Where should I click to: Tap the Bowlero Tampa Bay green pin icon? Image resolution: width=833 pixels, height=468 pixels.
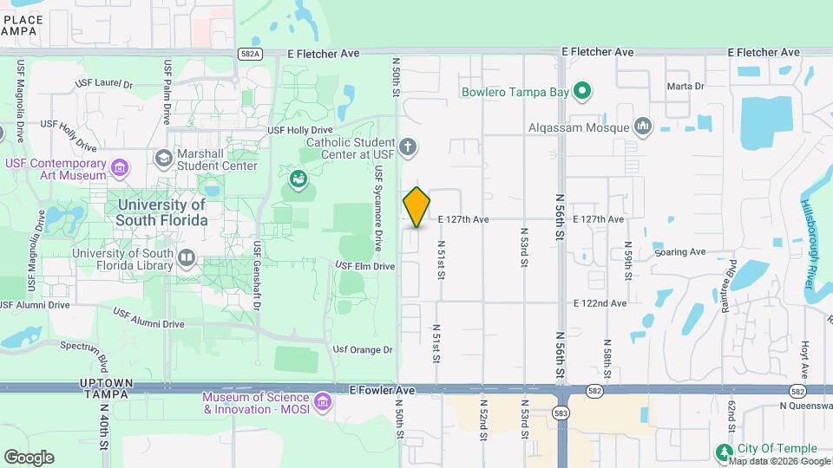tap(583, 90)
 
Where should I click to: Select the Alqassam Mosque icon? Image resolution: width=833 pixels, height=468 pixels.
tap(643, 127)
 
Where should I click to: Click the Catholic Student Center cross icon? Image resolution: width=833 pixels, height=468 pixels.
tap(407, 146)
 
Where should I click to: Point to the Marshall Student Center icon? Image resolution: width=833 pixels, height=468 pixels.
tap(163, 159)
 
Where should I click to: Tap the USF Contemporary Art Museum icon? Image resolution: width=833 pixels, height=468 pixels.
tap(120, 167)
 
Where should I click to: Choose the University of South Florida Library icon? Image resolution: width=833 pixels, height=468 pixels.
tap(187, 258)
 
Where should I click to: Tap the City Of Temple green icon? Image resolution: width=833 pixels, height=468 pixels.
tap(724, 452)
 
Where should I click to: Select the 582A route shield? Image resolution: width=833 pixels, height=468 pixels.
tap(248, 53)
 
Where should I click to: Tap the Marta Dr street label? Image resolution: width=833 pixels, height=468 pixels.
tap(685, 86)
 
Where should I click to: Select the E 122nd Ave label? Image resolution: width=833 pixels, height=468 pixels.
tap(600, 303)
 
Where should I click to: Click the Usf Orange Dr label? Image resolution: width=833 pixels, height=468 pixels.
tap(363, 350)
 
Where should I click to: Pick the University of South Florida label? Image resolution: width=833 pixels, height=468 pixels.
tap(162, 212)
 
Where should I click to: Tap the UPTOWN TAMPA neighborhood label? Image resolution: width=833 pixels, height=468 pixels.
tap(106, 388)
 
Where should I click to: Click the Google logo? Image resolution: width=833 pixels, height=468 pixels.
tap(29, 457)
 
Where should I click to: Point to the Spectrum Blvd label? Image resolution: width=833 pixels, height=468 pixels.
tap(84, 351)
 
